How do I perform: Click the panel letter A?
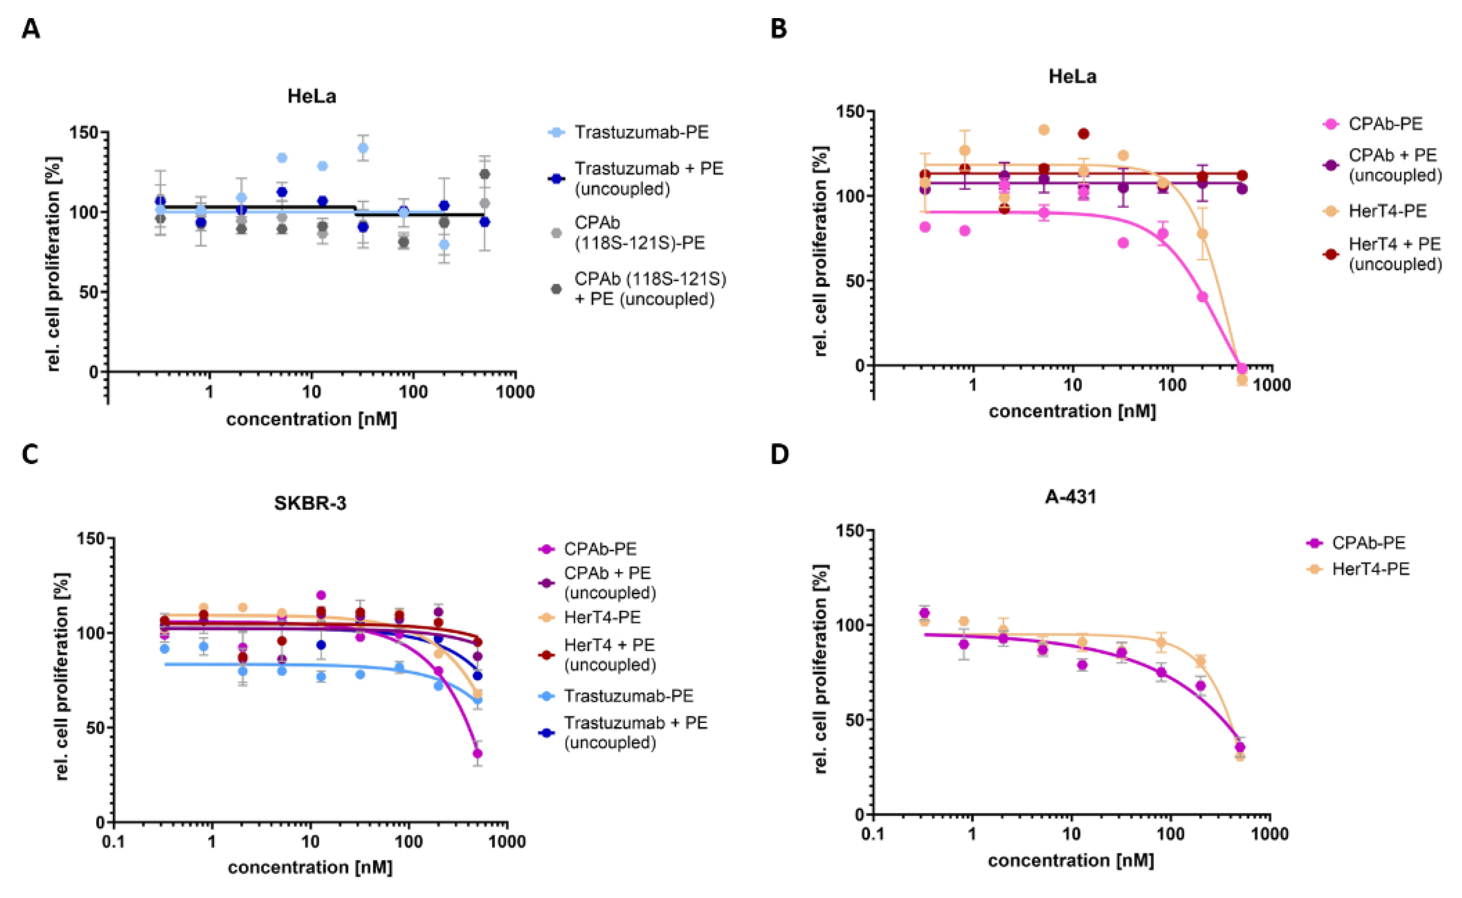pos(31,28)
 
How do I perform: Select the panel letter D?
pos(780,454)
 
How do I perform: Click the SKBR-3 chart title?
pos(310,503)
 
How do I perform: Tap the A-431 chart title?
pos(1070,496)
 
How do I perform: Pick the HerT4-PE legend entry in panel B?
pos(1387,211)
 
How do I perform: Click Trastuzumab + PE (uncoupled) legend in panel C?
pos(635,733)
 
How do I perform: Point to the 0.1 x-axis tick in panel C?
pos(113,841)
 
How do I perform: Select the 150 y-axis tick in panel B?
pos(850,111)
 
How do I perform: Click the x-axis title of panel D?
pos(1071,860)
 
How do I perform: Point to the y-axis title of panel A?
pos(54,264)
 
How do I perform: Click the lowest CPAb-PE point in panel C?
pos(477,754)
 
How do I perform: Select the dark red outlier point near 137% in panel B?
pos(1083,134)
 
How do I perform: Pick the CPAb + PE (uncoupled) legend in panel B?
pos(1395,165)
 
